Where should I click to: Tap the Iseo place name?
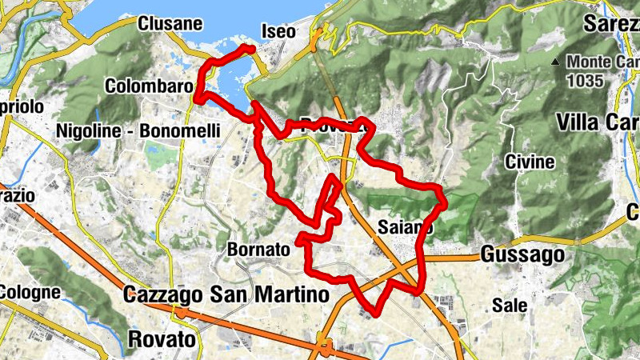(278, 32)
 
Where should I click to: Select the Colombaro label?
(150, 86)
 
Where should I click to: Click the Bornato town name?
(258, 250)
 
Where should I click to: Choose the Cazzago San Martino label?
(226, 295)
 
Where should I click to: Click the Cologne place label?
(30, 292)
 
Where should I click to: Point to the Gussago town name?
(522, 255)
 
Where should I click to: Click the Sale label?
(510, 305)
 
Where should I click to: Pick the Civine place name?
(530, 162)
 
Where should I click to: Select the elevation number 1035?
(585, 80)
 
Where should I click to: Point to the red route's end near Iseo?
(251, 50)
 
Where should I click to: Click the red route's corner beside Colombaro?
(197, 98)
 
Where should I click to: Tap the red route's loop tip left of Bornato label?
(298, 238)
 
